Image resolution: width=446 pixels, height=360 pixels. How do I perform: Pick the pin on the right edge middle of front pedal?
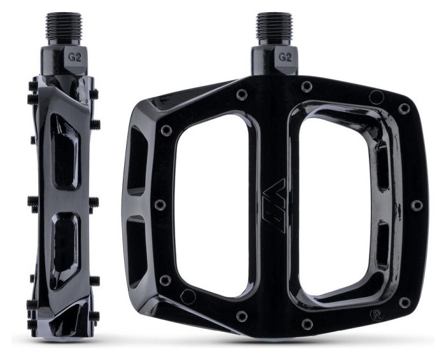417,205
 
